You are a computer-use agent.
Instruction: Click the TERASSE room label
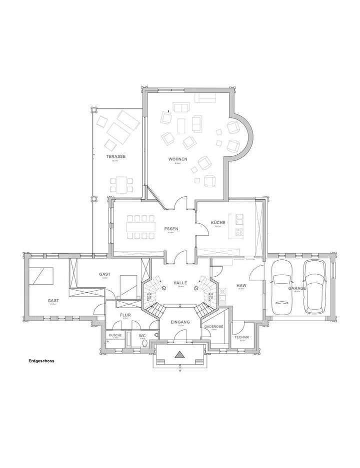click(115, 156)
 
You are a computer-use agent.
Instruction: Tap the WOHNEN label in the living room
click(177, 159)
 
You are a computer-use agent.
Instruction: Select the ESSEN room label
click(171, 229)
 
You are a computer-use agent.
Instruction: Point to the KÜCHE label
click(218, 222)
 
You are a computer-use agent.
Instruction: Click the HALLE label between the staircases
click(180, 283)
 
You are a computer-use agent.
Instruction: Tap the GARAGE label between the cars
click(297, 288)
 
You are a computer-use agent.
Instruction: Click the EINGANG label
click(180, 322)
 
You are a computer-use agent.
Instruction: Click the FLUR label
click(125, 315)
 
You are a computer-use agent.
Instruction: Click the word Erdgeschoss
click(41, 360)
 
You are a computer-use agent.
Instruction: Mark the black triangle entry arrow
click(180, 355)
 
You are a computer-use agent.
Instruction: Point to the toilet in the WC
click(144, 343)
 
